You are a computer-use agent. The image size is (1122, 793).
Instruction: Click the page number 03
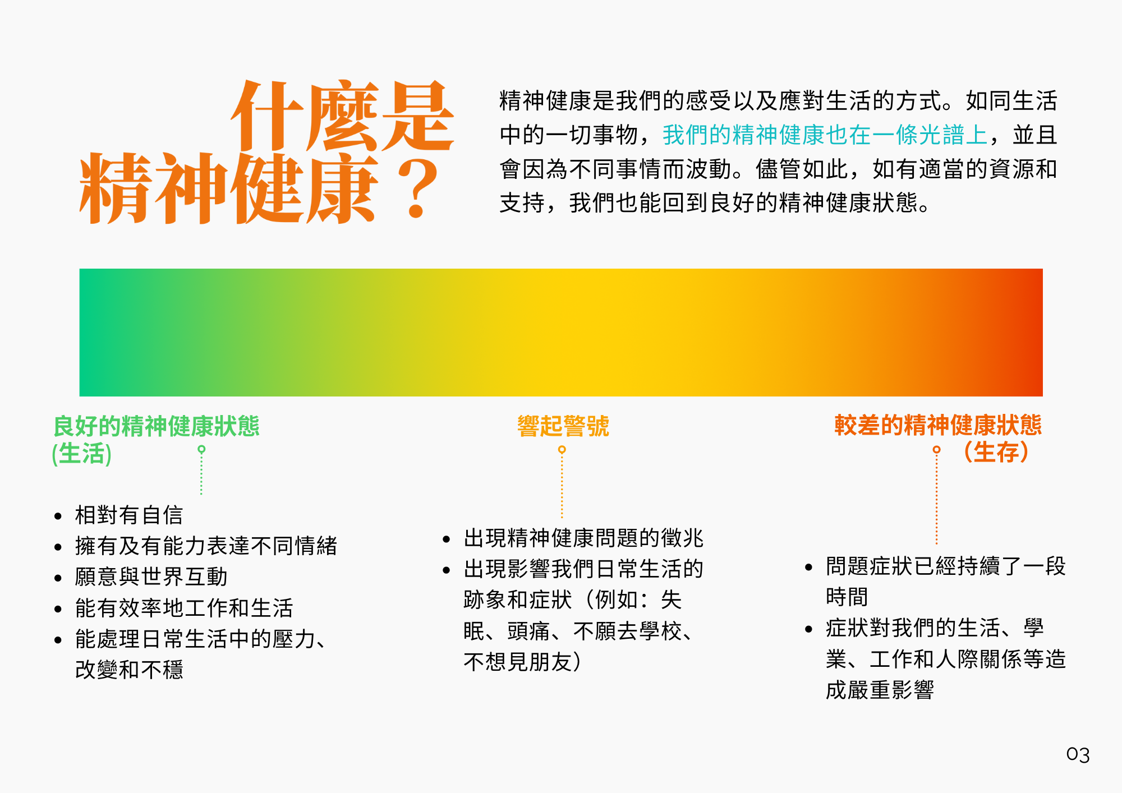click(1078, 754)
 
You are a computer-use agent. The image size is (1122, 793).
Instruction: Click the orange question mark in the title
click(417, 188)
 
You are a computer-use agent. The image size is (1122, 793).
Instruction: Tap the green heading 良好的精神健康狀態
click(156, 426)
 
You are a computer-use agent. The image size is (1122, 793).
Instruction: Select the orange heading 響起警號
click(563, 426)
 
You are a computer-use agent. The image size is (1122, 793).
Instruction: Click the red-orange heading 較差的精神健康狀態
click(938, 425)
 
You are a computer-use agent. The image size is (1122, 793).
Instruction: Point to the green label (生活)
click(82, 453)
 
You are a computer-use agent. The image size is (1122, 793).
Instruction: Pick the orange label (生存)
click(996, 451)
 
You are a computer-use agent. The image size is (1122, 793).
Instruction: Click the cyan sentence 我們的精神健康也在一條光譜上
click(825, 135)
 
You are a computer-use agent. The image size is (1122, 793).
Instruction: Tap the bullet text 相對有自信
click(129, 515)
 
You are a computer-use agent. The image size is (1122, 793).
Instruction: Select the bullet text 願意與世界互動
click(151, 577)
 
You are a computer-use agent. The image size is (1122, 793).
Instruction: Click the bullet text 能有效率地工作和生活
click(184, 608)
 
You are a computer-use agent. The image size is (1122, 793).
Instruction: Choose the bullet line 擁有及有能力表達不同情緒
click(206, 546)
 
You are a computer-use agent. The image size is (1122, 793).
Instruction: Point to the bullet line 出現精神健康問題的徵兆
click(583, 538)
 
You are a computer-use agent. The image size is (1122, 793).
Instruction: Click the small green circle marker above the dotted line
click(201, 449)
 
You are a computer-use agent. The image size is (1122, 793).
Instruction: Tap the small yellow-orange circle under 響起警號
click(562, 450)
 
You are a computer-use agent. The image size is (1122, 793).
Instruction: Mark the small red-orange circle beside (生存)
click(936, 450)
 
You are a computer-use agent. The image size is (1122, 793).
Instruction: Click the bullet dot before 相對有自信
click(58, 516)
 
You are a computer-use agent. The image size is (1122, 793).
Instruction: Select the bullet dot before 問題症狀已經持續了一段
click(808, 567)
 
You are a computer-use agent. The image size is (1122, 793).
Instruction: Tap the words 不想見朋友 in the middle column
click(517, 662)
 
